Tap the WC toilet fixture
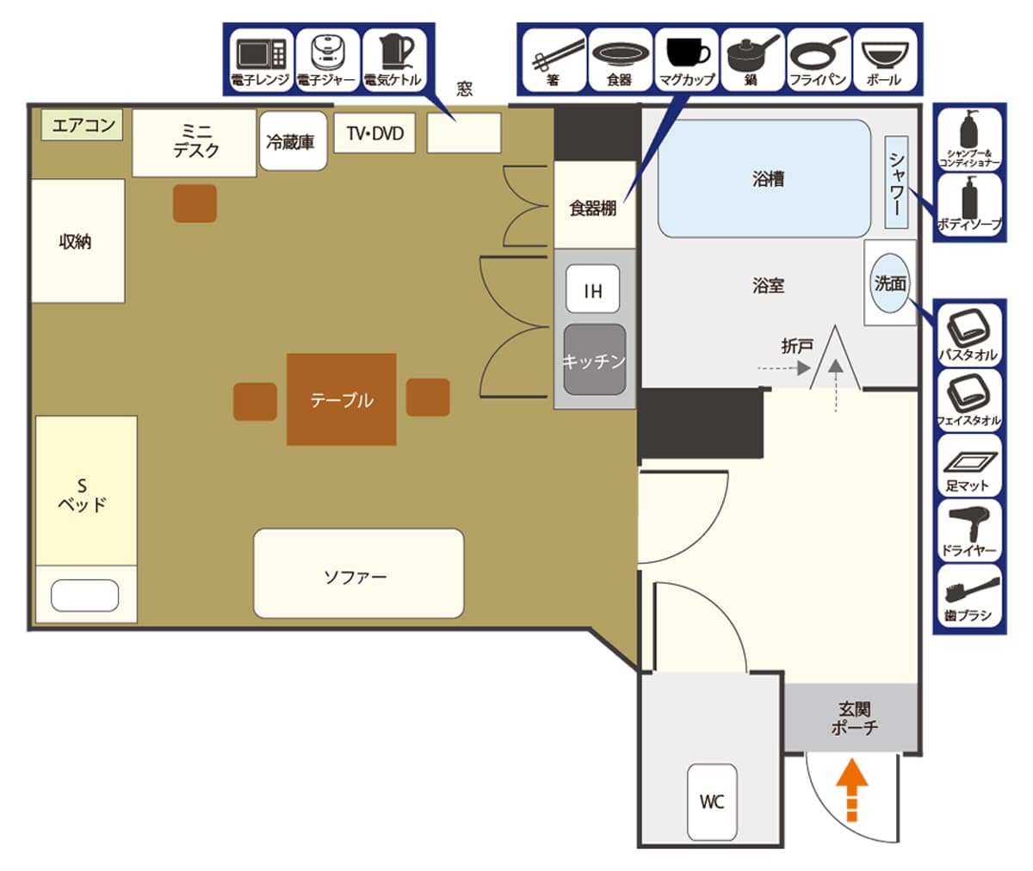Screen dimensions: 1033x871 (712, 802)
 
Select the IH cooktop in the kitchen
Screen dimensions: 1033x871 (592, 289)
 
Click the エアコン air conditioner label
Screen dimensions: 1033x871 (82, 125)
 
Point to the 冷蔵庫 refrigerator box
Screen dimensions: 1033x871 (293, 141)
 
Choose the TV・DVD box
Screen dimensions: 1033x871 (374, 133)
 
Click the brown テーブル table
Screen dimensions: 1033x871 (342, 399)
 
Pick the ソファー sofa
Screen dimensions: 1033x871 (359, 573)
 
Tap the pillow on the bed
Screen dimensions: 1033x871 (84, 596)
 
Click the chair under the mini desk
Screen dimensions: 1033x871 (195, 203)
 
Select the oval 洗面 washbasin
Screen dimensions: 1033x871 (889, 283)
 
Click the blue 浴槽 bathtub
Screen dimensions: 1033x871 (764, 178)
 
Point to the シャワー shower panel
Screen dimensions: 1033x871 (896, 182)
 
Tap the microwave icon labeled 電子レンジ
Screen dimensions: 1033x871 (261, 54)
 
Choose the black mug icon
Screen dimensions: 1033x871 (688, 53)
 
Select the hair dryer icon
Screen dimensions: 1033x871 (968, 524)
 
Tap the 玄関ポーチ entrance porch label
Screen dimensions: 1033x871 (854, 718)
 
